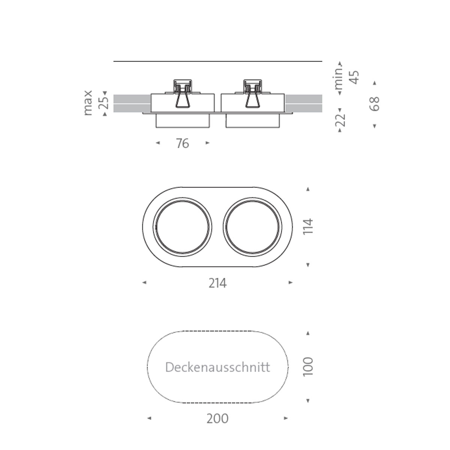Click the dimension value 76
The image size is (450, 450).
coord(183,143)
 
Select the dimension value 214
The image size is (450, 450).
coord(217,283)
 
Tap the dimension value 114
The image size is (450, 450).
coord(308,227)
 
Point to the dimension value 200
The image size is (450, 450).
coord(217,418)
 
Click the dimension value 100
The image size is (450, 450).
coord(308,367)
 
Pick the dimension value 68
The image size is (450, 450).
coord(374,104)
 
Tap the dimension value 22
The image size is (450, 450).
coord(340,120)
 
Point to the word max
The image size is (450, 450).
coord(88,103)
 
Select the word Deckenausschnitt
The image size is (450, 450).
coord(217,367)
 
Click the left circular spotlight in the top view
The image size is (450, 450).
coord(183,227)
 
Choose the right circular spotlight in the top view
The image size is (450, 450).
coord(252,227)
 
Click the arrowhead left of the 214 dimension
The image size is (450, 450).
coord(144,283)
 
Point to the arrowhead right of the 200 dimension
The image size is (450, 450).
coord(286,418)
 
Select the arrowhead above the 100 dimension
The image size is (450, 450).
coord(308,333)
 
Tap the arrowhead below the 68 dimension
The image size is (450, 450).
coord(374,126)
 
